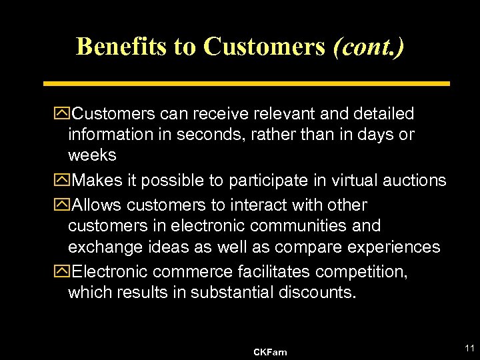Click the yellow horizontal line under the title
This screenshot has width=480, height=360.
point(247,84)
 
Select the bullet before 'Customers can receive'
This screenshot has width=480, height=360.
point(64,114)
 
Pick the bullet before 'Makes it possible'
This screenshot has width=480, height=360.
point(64,180)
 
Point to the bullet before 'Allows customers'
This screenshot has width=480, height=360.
point(64,205)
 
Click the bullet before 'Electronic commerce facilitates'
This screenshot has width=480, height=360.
point(64,271)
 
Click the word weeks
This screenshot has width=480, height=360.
point(92,155)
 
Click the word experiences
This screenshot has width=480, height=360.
point(390,247)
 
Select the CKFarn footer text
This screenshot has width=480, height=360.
point(271,351)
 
